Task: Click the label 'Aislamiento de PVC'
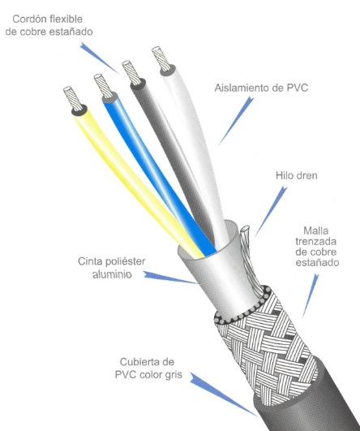click(261, 88)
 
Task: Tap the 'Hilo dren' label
click(297, 175)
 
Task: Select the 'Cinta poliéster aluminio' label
click(112, 268)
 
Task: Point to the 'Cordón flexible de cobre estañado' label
click(49, 25)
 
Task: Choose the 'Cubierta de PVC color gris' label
click(148, 369)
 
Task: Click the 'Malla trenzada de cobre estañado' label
click(317, 246)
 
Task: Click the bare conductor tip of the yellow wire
click(73, 98)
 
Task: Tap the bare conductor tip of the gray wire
click(131, 72)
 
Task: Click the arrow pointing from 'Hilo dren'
click(271, 211)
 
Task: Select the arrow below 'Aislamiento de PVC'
click(236, 120)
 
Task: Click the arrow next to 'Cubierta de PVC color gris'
click(223, 394)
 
